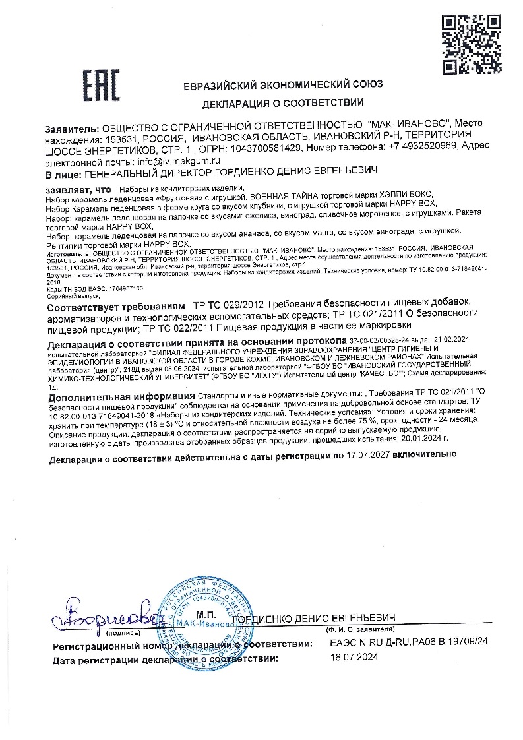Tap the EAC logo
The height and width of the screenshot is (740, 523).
tap(100, 86)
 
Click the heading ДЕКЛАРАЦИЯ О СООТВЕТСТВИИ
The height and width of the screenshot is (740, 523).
tap(283, 102)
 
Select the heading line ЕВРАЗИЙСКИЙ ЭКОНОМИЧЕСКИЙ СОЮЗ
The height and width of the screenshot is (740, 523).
tap(283, 85)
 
